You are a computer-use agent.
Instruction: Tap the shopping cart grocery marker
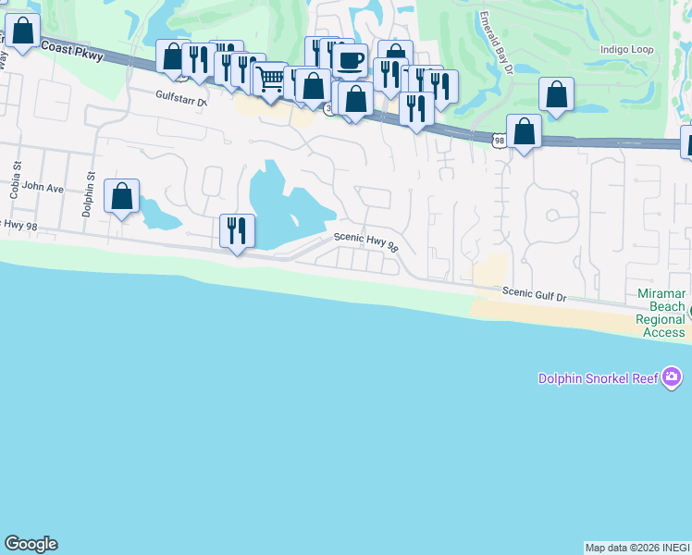(270, 80)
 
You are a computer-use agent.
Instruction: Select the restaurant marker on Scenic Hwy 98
(237, 230)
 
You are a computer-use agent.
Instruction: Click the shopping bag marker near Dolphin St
(121, 196)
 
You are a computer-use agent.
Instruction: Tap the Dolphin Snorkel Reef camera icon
(673, 377)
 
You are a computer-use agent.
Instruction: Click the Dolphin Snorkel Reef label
(599, 378)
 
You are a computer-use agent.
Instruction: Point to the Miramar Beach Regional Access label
(661, 314)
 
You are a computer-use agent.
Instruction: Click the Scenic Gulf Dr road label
(534, 293)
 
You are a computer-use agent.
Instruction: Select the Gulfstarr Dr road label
(181, 96)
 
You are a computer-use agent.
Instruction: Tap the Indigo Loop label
(627, 49)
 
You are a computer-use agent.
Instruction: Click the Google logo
(31, 544)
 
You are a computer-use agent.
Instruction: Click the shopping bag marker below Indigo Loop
(556, 94)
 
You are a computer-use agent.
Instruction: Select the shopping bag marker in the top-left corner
(22, 31)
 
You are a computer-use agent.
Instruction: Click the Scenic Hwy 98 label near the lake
(365, 242)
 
